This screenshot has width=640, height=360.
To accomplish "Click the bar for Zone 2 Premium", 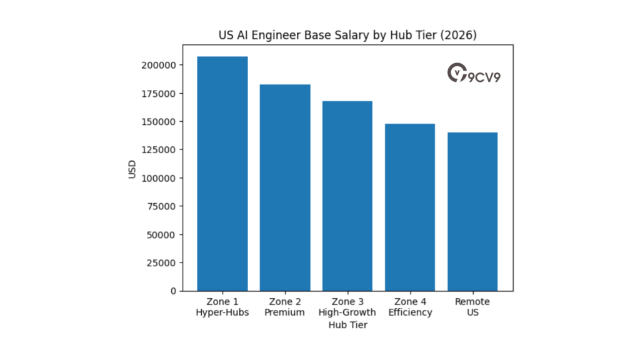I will click(285, 187).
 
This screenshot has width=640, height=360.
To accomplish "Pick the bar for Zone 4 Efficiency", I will click(410, 207).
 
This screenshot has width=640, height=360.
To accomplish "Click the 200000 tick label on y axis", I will click(157, 65).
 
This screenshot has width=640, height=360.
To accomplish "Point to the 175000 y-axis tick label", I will click(157, 93).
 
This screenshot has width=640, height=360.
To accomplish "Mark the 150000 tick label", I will click(157, 121).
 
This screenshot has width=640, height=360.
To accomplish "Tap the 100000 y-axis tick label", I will click(157, 178).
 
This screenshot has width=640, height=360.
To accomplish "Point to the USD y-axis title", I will click(132, 169).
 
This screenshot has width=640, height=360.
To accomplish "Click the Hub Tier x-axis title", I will click(347, 325).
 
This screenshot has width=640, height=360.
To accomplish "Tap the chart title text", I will click(347, 36).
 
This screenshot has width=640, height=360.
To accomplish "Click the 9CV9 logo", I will click(474, 74).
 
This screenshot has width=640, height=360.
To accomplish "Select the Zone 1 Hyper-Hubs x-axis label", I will click(222, 307).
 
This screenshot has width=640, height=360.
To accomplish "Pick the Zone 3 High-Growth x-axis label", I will click(347, 307).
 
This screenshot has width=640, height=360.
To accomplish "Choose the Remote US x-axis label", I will click(472, 307).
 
